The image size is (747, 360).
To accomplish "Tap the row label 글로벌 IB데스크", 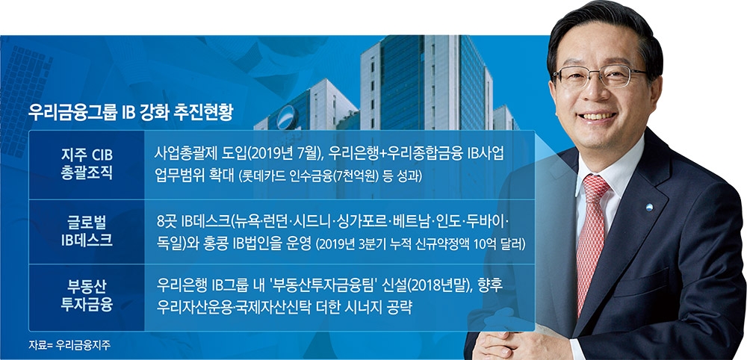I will click(86, 230).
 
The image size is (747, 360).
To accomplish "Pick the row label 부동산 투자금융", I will click(86, 295).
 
